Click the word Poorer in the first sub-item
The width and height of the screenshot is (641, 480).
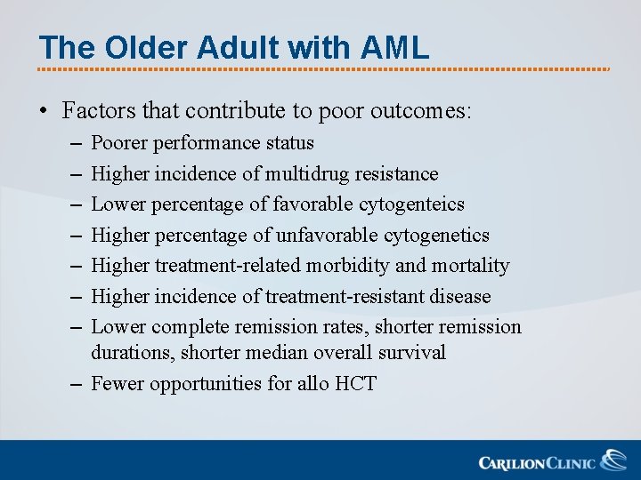(x=120, y=142)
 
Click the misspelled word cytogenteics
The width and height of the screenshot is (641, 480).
(x=411, y=204)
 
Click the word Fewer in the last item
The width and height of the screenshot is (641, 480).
(x=118, y=384)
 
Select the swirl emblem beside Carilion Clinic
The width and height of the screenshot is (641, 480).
(x=613, y=460)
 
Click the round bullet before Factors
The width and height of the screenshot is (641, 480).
(x=44, y=112)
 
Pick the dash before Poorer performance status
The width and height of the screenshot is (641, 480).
(x=72, y=143)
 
